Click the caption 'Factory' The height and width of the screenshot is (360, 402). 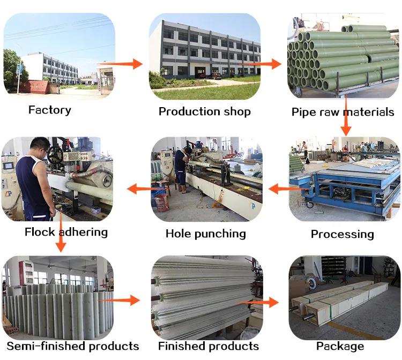pos(49,110)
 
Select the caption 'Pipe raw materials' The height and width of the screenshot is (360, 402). pos(343,112)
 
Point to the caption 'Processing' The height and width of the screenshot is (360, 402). pos(342,234)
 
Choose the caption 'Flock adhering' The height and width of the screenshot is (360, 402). pos(66,232)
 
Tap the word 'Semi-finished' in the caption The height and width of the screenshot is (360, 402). pos(47,346)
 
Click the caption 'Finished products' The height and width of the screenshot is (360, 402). pos(208,346)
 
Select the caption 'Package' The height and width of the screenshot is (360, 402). pos(340,346)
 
